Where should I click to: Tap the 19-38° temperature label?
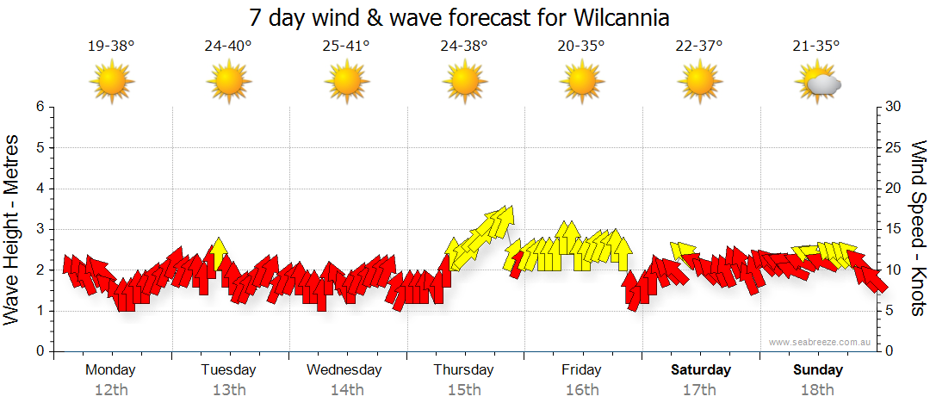click(111, 46)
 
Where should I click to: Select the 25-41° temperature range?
click(346, 46)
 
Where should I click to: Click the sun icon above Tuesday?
click(229, 82)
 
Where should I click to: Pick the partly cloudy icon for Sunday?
click(819, 83)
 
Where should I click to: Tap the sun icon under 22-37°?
click(699, 82)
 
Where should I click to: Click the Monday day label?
click(110, 370)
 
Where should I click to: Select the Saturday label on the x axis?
click(701, 370)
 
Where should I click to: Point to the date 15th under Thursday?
click(464, 390)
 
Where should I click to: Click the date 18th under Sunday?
click(818, 390)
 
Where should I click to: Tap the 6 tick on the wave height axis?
click(39, 107)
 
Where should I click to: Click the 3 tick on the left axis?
click(39, 229)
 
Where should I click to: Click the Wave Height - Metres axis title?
click(13, 228)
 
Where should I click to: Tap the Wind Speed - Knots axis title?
click(917, 228)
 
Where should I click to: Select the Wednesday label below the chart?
click(344, 370)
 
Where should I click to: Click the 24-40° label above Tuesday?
click(228, 46)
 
